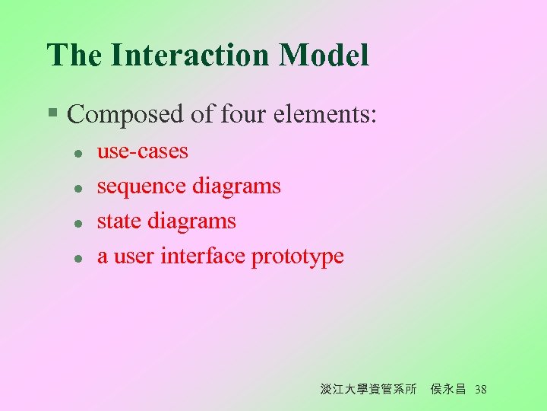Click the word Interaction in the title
(190, 56)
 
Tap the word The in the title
(74, 56)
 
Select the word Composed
(125, 115)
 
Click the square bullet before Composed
(52, 113)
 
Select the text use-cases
(142, 151)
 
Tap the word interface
(203, 256)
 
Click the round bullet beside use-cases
(77, 153)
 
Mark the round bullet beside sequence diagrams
(77, 188)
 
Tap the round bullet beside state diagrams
(77, 223)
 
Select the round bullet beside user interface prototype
(77, 258)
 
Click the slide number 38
(480, 390)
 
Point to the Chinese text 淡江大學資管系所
(368, 390)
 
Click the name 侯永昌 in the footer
(447, 390)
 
